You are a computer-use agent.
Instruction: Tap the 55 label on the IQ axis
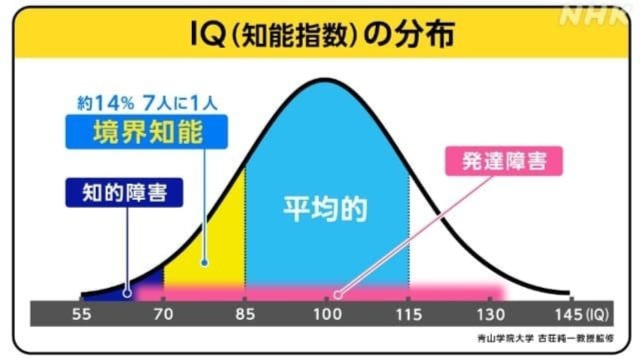point(81,314)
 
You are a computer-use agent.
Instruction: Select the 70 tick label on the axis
point(163,314)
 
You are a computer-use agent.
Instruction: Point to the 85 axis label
point(245,314)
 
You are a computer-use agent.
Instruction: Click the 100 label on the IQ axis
point(327,314)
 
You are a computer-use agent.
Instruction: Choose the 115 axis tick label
point(409,314)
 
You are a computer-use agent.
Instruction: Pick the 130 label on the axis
point(491,314)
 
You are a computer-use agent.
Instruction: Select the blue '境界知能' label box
point(147,132)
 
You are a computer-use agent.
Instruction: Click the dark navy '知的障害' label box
point(124,193)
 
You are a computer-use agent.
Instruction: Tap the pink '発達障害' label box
point(504,161)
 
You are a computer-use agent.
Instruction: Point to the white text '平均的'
point(325,209)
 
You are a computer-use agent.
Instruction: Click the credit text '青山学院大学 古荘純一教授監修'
point(545,338)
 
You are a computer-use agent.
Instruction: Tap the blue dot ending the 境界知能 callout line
point(205,263)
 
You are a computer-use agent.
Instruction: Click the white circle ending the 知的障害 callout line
point(127,293)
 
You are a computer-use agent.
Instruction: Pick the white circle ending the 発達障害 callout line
point(338,295)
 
